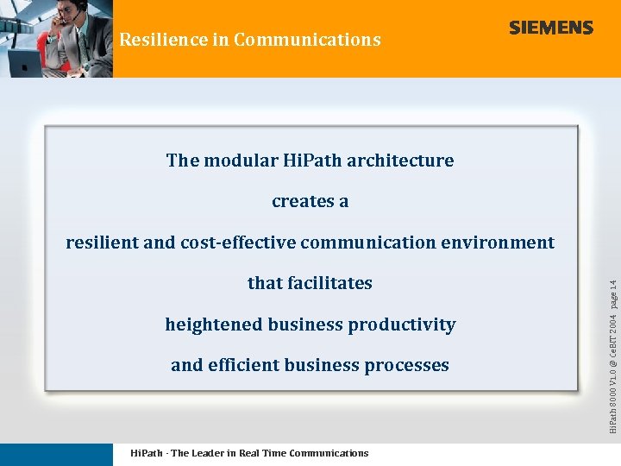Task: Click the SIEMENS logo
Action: [551, 28]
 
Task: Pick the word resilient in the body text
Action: [102, 242]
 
